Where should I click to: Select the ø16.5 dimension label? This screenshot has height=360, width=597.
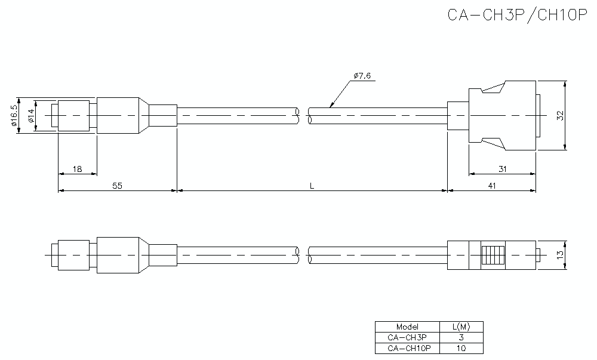tap(13, 115)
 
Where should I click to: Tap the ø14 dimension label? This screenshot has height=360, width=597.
tap(30, 115)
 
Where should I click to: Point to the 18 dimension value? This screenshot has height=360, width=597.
tap(77, 169)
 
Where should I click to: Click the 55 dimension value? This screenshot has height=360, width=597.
tap(117, 186)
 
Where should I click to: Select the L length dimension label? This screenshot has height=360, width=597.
tap(312, 186)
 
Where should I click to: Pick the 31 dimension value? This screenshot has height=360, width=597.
tap(503, 169)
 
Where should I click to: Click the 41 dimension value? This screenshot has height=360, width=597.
tap(492, 186)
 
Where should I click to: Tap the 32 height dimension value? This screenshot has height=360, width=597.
tap(560, 115)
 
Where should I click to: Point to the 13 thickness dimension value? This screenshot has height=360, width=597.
tap(560, 255)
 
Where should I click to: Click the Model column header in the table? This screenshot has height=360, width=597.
tap(407, 327)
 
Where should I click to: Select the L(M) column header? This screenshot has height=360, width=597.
tap(461, 327)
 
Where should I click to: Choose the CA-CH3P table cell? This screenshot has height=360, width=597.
tap(407, 337)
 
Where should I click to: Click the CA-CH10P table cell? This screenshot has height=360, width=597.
tap(407, 348)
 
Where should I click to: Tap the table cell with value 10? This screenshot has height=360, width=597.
tap(461, 348)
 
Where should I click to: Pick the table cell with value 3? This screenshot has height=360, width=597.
tap(461, 337)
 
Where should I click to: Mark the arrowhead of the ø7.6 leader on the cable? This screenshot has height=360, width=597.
tap(331, 106)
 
